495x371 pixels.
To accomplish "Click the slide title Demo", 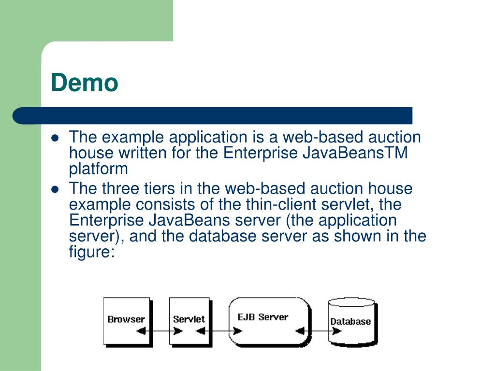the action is [x=85, y=83].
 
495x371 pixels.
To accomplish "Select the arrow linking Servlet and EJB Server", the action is [x=219, y=331].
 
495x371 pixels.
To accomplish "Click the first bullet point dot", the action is [x=55, y=138].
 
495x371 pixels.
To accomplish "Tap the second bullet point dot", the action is [x=55, y=189].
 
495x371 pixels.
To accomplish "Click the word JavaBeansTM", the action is [x=356, y=153].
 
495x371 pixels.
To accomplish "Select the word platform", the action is [x=99, y=169].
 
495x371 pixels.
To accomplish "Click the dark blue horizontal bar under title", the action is [x=213, y=116].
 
